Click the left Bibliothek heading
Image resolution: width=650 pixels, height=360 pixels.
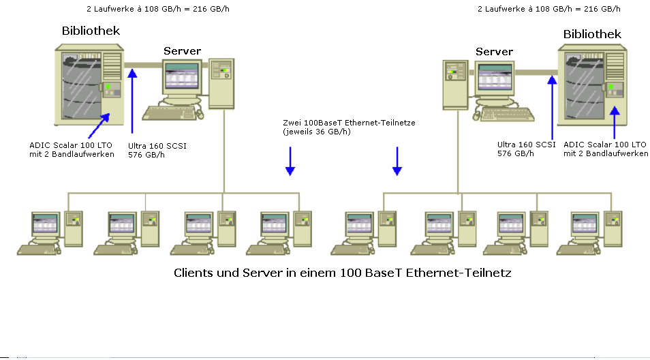click(x=91, y=31)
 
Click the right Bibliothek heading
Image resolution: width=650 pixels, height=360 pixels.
click(x=592, y=34)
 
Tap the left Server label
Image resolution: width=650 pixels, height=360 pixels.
click(x=182, y=51)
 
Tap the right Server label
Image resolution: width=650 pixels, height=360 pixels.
click(x=494, y=52)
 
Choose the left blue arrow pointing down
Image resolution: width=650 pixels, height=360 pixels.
click(x=290, y=162)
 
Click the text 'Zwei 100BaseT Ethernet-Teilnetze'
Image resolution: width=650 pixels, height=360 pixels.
click(x=349, y=123)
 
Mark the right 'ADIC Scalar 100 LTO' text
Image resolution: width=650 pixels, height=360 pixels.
click(x=604, y=145)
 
